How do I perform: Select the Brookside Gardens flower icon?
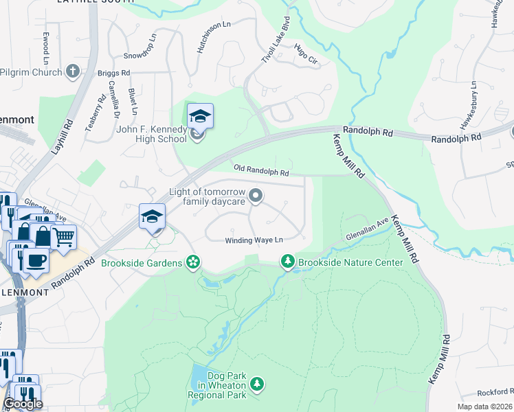tap(194, 262)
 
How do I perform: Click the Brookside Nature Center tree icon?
tap(287, 262)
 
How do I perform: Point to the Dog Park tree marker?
tap(256, 383)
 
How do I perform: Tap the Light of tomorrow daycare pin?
tap(256, 197)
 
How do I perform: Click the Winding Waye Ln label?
tap(254, 240)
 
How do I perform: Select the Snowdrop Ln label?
tap(140, 46)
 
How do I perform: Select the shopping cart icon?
tap(63, 238)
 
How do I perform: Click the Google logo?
tap(23, 404)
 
